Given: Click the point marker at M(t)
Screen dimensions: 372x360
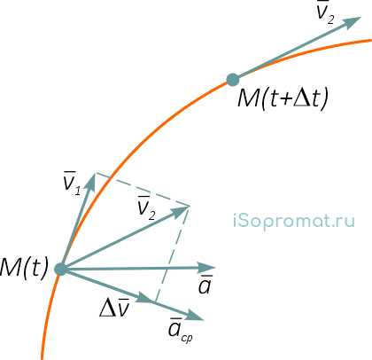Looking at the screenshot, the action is click(61, 269).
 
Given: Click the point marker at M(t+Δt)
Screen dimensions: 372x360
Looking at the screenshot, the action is click(233, 80).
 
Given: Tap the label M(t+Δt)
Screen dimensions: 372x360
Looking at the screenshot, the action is click(283, 98).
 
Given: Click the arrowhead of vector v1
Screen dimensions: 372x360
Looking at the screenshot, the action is click(91, 180).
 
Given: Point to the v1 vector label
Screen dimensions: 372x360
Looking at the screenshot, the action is click(72, 184).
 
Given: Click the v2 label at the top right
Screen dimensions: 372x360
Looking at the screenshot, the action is click(325, 12).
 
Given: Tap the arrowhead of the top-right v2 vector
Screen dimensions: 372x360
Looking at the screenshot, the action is click(353, 22).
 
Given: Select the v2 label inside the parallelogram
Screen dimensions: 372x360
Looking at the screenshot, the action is click(146, 208).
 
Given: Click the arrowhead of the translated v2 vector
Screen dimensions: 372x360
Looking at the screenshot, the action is click(180, 212).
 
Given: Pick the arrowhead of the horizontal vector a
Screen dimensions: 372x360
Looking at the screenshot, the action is click(207, 268).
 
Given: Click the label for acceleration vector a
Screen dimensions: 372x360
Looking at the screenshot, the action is click(205, 285).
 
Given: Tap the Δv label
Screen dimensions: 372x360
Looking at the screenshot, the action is click(114, 308).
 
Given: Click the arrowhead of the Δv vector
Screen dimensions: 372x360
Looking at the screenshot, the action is click(144, 298).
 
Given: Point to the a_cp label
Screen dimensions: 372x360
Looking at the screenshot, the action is click(181, 330).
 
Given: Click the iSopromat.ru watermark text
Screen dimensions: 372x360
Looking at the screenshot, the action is click(294, 222).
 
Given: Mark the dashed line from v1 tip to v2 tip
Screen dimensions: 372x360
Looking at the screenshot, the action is click(142, 189).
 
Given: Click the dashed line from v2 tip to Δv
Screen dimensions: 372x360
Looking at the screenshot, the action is click(171, 254).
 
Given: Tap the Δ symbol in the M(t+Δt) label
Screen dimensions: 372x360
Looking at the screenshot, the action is click(301, 98).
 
